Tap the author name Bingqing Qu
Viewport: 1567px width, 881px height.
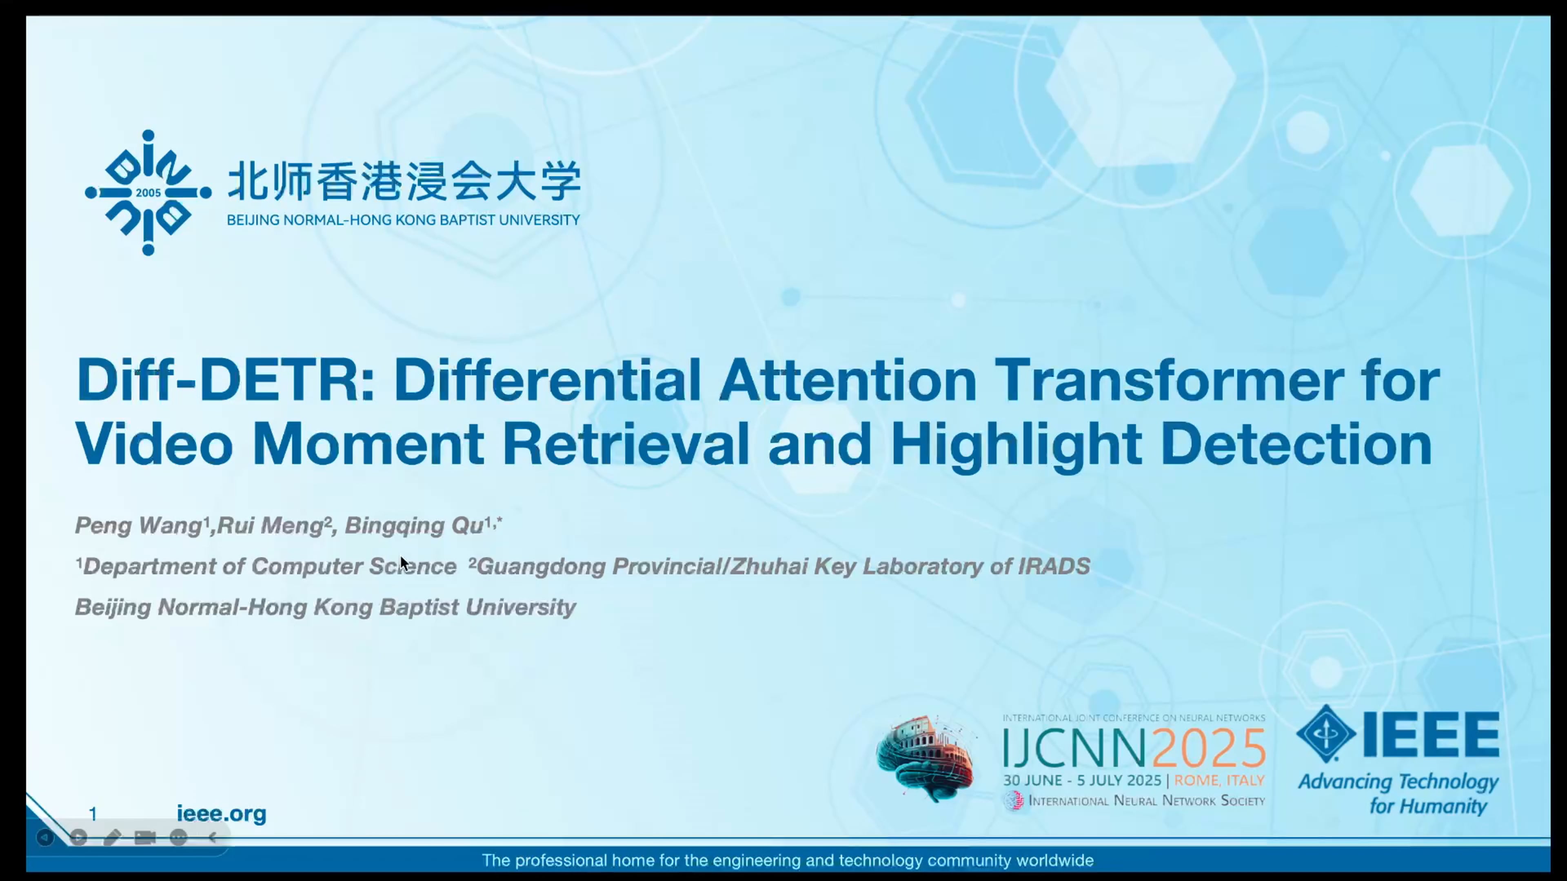click(414, 525)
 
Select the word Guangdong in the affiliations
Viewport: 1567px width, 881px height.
click(542, 567)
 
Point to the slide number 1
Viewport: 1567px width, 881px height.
click(93, 814)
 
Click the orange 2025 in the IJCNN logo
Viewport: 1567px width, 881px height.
click(1209, 748)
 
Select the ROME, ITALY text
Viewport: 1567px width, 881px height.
click(1219, 780)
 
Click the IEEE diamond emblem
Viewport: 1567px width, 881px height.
click(1326, 734)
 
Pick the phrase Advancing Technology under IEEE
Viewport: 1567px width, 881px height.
click(1398, 782)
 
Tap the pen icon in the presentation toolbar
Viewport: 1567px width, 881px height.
click(111, 838)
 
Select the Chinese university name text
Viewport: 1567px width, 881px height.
click(404, 181)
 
